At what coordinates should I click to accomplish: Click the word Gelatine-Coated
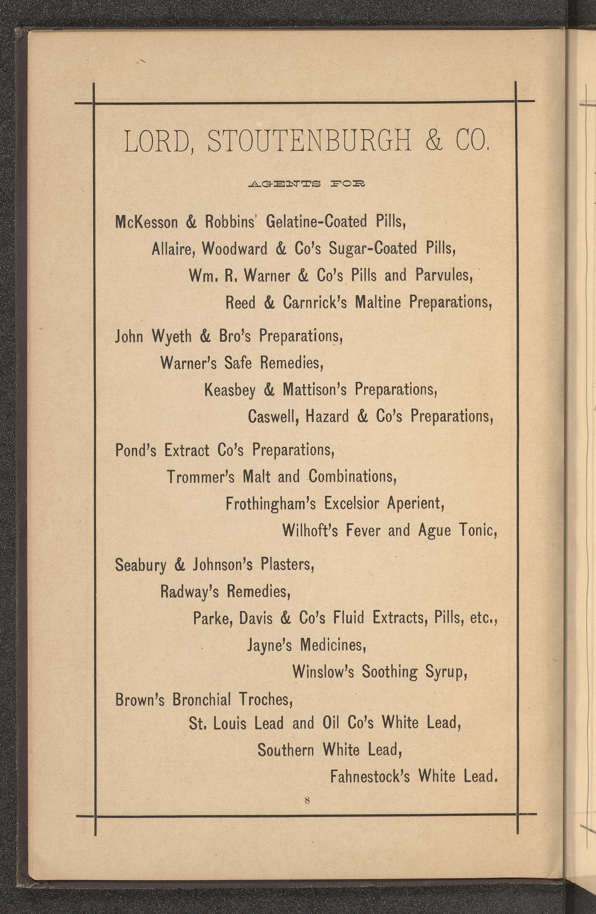click(x=316, y=222)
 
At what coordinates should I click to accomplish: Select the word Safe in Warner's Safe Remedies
click(x=238, y=363)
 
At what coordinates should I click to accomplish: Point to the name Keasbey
click(x=230, y=390)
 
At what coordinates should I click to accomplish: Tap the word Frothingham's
click(x=271, y=504)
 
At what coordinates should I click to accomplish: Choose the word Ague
click(x=434, y=531)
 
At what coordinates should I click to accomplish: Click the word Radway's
click(x=189, y=592)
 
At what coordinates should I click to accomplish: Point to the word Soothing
click(x=389, y=672)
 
